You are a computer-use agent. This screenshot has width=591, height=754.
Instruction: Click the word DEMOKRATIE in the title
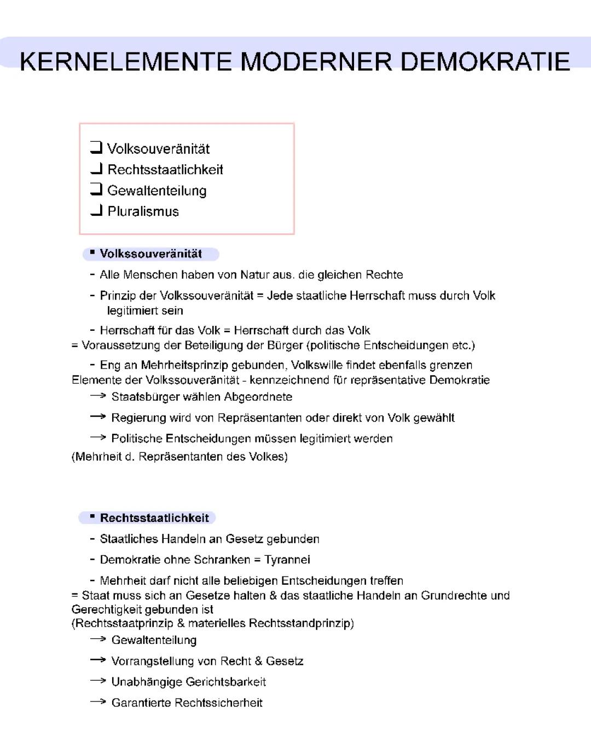[x=485, y=61]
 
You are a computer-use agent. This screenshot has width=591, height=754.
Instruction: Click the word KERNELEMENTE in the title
[x=125, y=61]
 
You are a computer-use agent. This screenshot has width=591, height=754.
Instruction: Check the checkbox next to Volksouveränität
[x=96, y=147]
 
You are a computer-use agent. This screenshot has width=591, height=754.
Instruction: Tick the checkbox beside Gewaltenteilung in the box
[x=96, y=189]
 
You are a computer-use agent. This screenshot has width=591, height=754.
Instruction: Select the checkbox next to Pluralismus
[x=96, y=210]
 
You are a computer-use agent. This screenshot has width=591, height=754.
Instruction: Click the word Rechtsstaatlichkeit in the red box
[x=165, y=170]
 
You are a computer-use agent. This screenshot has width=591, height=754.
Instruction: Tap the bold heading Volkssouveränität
[x=150, y=254]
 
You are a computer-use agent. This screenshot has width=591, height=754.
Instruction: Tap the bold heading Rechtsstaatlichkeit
[x=154, y=518]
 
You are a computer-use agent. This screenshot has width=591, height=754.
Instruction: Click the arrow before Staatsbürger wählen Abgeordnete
[x=98, y=396]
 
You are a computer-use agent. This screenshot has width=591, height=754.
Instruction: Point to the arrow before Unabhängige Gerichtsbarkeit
[x=98, y=681]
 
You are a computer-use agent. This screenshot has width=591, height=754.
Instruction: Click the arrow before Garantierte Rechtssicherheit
[x=98, y=701]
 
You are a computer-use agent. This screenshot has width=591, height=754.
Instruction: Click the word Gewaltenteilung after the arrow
[x=154, y=640]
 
